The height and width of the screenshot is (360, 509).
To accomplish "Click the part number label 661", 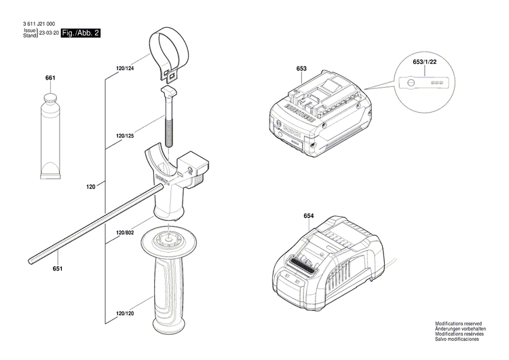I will [50, 79].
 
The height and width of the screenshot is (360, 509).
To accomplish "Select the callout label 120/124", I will [125, 69].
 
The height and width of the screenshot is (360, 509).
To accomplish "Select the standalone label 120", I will [90, 184].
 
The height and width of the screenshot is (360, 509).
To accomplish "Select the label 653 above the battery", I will [302, 69].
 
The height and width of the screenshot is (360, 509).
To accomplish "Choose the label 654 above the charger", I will [309, 216].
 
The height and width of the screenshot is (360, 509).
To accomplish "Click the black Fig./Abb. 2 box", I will [80, 33].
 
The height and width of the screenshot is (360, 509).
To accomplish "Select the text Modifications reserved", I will [459, 325].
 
